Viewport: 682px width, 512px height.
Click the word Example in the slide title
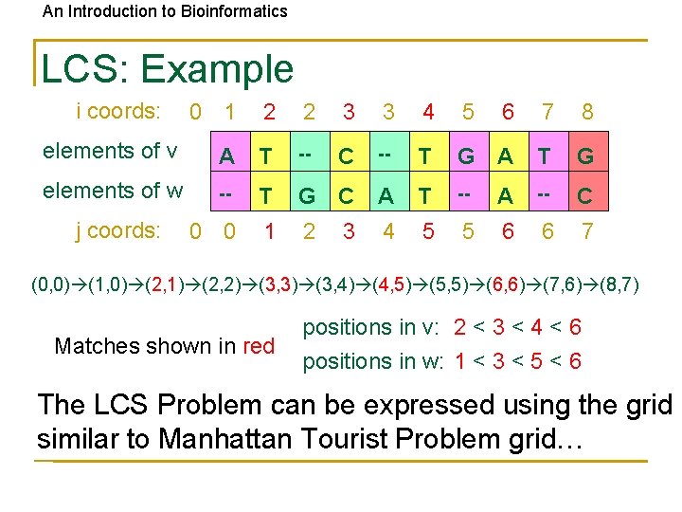pyautogui.click(x=217, y=69)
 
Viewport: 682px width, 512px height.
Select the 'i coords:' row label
pyautogui.click(x=117, y=111)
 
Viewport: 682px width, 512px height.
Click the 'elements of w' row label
pyautogui.click(x=113, y=191)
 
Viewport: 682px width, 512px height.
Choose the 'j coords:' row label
pyautogui.click(x=117, y=230)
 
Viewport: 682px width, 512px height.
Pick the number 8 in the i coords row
pyautogui.click(x=587, y=112)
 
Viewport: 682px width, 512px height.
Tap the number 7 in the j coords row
pyautogui.click(x=587, y=231)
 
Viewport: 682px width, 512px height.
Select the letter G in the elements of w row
pyautogui.click(x=307, y=196)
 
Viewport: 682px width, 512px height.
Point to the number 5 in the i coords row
pyautogui.click(x=468, y=112)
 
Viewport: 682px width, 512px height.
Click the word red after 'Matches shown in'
pyautogui.click(x=259, y=346)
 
